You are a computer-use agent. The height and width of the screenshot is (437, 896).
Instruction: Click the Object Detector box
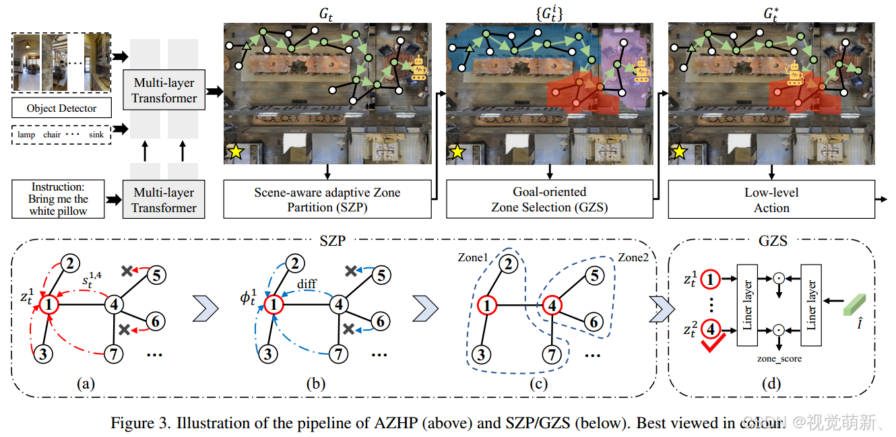(61, 108)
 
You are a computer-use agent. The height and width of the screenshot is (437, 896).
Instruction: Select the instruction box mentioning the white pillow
(59, 199)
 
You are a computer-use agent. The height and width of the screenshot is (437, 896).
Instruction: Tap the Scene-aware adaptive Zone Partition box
(327, 199)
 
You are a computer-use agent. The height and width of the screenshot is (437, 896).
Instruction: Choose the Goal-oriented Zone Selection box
(550, 199)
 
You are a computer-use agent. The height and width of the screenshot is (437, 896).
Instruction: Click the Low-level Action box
(771, 199)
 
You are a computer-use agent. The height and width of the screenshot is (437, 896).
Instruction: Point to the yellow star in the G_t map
(236, 152)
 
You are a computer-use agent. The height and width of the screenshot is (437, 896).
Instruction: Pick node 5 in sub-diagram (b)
(381, 275)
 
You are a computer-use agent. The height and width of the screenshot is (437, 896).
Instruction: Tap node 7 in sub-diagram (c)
(552, 352)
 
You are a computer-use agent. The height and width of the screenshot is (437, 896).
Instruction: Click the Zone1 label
(472, 258)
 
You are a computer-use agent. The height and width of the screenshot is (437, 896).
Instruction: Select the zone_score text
(779, 359)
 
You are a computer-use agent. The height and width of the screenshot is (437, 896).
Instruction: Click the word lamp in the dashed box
(28, 135)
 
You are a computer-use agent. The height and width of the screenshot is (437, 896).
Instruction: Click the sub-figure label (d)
(771, 384)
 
